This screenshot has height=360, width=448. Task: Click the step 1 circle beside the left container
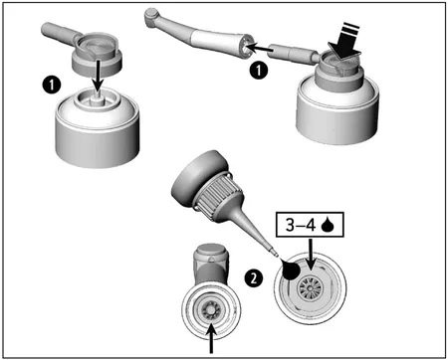(x=46, y=85)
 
